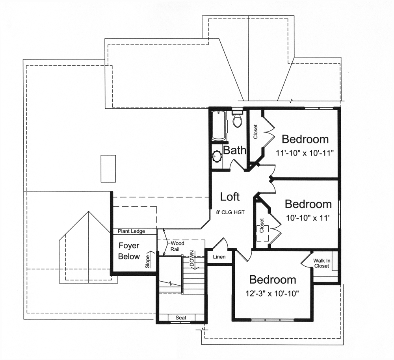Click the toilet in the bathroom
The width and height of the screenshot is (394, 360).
(x=237, y=119)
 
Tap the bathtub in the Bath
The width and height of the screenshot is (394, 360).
(x=219, y=126)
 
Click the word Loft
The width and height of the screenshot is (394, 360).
(x=230, y=197)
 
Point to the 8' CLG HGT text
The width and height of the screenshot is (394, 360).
(x=230, y=212)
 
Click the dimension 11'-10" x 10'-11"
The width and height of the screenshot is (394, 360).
(x=305, y=152)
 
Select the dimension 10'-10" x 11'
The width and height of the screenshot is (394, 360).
(x=308, y=217)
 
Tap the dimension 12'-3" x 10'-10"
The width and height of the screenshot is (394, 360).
(x=273, y=293)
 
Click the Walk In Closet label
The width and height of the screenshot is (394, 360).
(x=322, y=263)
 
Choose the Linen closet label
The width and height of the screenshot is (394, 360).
(x=219, y=257)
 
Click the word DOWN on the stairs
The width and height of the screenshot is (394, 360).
(x=192, y=259)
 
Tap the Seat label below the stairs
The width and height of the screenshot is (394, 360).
(x=181, y=317)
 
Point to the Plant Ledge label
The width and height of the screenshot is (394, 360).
(x=131, y=231)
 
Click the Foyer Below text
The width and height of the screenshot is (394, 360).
(x=129, y=251)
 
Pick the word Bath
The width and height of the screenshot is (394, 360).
(x=235, y=150)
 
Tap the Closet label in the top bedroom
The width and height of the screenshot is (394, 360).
(x=256, y=132)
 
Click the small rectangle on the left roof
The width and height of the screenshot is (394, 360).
(x=108, y=169)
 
